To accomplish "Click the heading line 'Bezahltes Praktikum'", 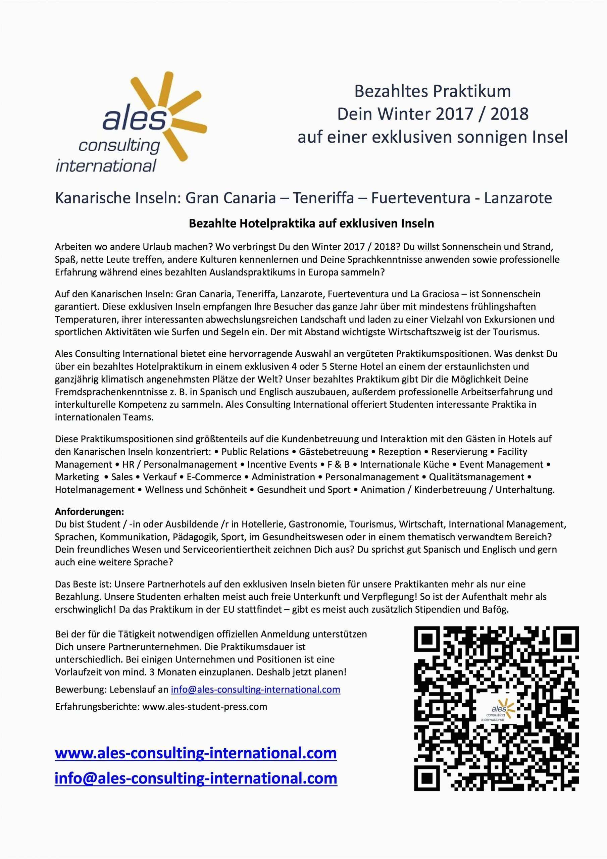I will click(x=432, y=92).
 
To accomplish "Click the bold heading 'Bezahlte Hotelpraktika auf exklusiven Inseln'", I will click(x=311, y=223).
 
